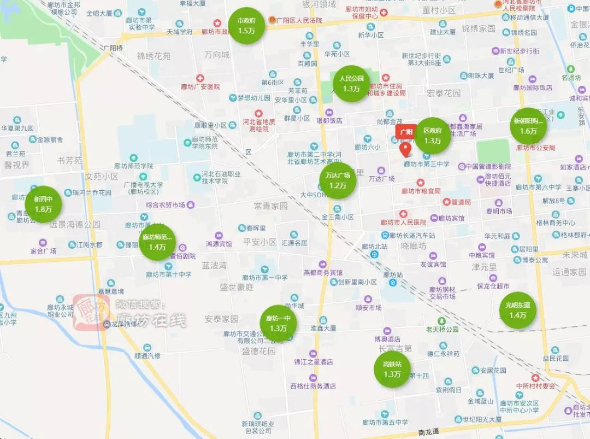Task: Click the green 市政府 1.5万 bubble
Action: (x=246, y=26)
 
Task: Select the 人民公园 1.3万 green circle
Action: (x=351, y=83)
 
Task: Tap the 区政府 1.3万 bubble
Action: (x=433, y=136)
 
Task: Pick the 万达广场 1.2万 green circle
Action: (x=338, y=180)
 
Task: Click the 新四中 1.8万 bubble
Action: (x=43, y=204)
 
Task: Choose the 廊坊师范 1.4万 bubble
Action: (x=157, y=242)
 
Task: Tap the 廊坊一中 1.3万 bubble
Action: (x=278, y=323)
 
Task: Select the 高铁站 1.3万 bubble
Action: (x=392, y=369)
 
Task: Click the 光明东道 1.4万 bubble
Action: (x=518, y=310)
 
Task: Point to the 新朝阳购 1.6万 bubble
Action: (x=528, y=126)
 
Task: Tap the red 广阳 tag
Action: (x=406, y=132)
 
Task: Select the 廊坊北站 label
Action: (x=374, y=247)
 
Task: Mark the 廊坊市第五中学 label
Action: (x=385, y=422)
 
